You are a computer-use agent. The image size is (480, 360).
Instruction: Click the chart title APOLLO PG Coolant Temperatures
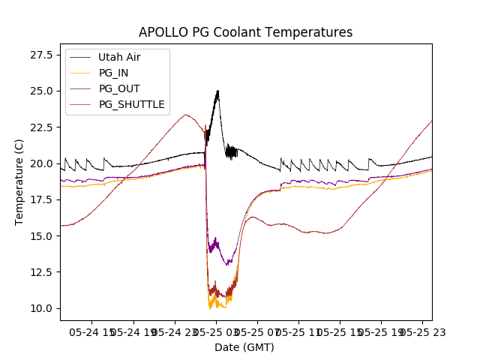(245, 33)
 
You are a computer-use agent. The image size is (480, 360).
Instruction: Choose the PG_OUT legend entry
(118, 88)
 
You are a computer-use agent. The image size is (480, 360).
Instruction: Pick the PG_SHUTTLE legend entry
(131, 104)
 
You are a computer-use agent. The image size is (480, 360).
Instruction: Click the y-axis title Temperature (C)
(19, 182)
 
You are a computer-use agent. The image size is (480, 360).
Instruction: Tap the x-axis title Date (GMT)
(244, 347)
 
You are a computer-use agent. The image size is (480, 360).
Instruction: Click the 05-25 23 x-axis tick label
(417, 331)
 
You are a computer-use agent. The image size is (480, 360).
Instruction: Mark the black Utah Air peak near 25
(217, 91)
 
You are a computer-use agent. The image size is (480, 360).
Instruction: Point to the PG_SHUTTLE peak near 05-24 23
(185, 115)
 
